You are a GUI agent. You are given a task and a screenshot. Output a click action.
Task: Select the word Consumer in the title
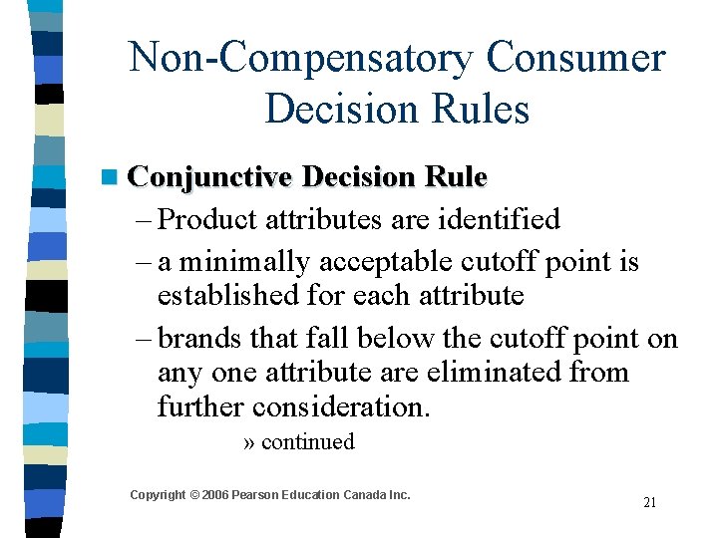click(x=575, y=58)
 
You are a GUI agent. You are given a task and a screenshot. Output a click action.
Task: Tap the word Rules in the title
click(x=482, y=109)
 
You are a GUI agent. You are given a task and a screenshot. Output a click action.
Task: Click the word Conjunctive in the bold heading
click(x=210, y=177)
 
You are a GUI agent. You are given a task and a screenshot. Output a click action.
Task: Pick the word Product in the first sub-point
click(x=205, y=219)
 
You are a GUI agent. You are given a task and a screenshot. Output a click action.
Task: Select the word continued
click(x=307, y=442)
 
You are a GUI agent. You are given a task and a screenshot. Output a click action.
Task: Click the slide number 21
click(x=649, y=502)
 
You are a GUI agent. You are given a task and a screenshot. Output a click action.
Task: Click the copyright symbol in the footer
click(x=194, y=495)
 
